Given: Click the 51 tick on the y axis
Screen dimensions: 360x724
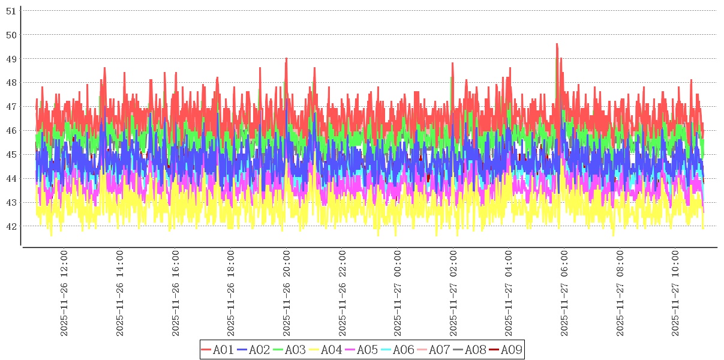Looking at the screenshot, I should [x=11, y=10].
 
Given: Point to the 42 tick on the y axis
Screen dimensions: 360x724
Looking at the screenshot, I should [x=11, y=226].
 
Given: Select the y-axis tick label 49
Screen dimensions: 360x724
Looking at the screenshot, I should [x=11, y=58].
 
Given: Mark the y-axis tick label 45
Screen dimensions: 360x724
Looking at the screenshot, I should [x=11, y=154].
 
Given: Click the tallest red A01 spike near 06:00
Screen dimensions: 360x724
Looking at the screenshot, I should [x=557, y=44].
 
